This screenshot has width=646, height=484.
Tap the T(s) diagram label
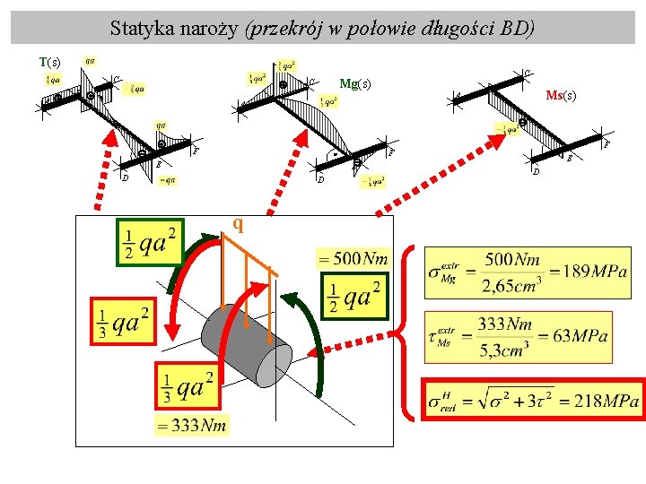[50, 62]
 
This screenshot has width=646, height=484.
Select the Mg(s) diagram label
[354, 84]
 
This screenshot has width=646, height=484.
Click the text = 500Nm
[354, 259]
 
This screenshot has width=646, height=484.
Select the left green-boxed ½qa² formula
[150, 242]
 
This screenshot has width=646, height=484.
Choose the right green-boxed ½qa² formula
[354, 297]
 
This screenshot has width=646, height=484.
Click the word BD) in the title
[517, 28]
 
